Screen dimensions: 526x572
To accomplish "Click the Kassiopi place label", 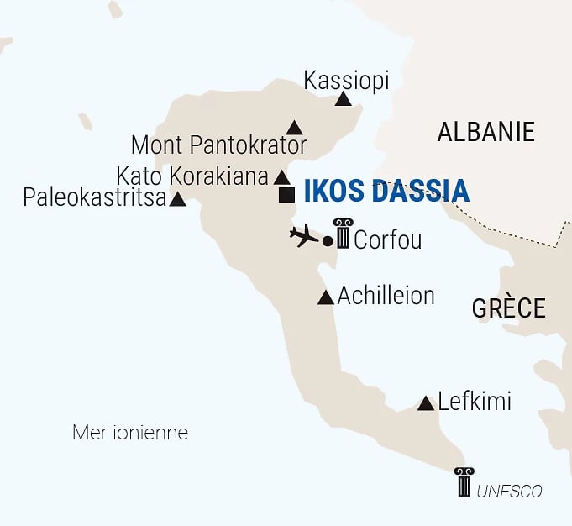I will click(346, 81).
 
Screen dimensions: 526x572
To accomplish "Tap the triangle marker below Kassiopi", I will click(343, 100).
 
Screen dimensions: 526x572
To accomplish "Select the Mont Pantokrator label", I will click(219, 145).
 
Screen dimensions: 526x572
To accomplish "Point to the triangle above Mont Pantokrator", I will click(294, 129).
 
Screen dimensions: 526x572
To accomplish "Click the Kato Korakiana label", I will click(192, 176).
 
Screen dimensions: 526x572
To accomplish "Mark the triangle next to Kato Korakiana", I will click(282, 178).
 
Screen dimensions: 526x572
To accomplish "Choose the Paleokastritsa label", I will click(94, 198).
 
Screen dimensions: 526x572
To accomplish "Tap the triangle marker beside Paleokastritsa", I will click(178, 200).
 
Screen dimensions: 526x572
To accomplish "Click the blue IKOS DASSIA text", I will click(386, 191).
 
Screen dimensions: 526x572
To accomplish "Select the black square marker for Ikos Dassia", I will click(287, 196).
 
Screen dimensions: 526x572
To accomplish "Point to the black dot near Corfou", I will click(328, 241).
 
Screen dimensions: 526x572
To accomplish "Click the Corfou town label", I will click(387, 240).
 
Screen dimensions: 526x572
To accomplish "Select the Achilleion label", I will click(386, 296).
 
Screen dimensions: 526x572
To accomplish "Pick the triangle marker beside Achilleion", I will click(326, 297).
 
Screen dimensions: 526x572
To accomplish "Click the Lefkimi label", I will click(475, 402).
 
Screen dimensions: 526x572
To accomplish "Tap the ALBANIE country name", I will click(485, 132).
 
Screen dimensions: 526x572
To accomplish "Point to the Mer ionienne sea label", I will click(130, 434).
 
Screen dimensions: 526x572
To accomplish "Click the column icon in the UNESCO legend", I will click(464, 482).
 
